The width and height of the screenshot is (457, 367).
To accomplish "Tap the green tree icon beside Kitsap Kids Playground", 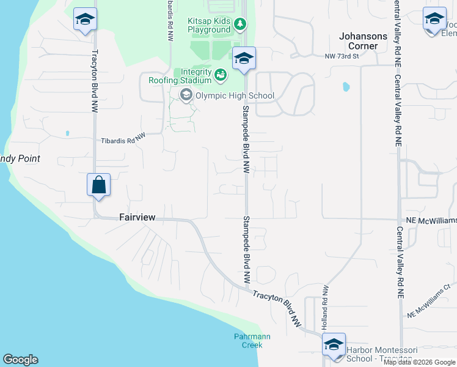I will point(241,24).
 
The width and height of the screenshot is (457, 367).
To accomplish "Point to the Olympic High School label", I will point(235,95).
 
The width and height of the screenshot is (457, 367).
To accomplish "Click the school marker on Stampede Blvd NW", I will point(244,59).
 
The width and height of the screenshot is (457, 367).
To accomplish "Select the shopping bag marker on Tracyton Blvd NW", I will point(98,185).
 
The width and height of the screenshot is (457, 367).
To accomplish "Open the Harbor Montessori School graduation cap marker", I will point(334,346).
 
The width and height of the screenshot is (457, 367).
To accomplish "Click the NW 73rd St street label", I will point(342,56).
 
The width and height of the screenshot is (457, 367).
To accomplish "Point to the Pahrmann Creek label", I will point(252,341).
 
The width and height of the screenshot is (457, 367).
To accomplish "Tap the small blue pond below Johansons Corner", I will point(346,86).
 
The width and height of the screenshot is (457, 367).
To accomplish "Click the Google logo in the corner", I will point(20,360).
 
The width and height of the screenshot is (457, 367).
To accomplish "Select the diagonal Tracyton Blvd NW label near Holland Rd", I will point(278,304).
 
